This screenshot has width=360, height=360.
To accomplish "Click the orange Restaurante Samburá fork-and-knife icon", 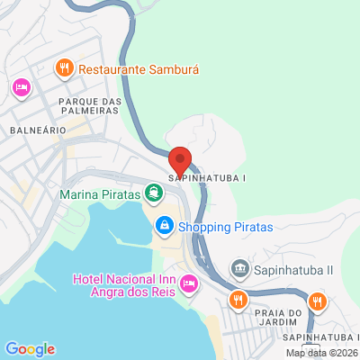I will (65, 67).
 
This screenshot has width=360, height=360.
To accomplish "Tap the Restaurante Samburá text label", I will (138, 68).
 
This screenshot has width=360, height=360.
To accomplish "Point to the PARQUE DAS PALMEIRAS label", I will (88, 106).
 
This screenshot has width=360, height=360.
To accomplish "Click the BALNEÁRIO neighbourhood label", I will (37, 130).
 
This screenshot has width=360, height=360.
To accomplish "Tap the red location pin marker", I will (180, 160).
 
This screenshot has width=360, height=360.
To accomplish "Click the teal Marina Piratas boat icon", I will (155, 192).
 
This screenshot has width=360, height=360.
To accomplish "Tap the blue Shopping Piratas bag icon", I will (163, 226).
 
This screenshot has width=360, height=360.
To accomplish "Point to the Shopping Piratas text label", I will (224, 227).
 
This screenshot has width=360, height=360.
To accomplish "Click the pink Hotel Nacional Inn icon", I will (188, 284).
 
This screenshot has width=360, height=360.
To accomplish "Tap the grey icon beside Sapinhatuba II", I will (239, 268).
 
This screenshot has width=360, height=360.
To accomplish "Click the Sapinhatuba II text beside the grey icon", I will (293, 269).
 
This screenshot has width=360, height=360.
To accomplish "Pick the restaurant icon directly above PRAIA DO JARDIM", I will (238, 300).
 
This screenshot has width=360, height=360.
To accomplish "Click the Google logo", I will (30, 349).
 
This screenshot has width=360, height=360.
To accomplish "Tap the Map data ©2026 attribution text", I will (321, 352).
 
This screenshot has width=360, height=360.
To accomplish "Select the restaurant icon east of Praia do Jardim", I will (316, 301).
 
